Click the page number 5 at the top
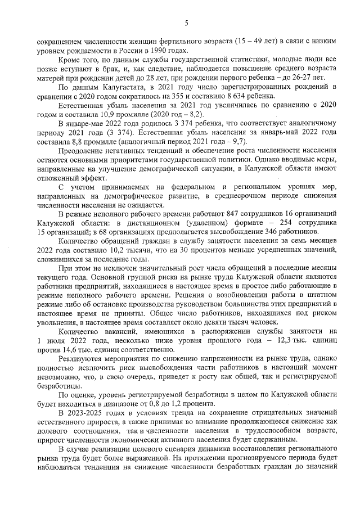pos(186,22)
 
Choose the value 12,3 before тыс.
pos(278,340)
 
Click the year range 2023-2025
pos(87,413)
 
